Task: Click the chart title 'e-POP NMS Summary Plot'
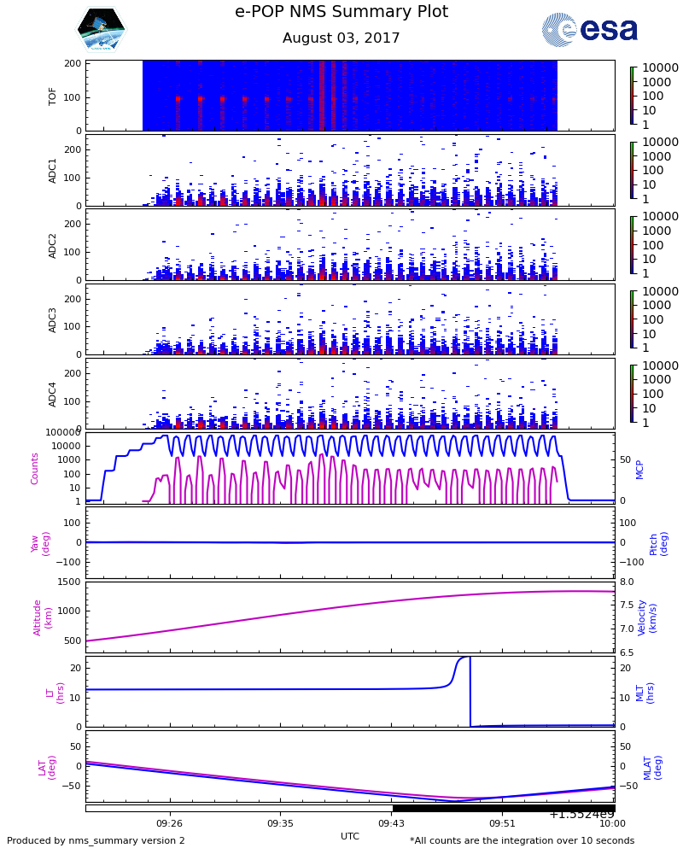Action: click(x=341, y=12)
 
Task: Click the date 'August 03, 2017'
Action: click(x=341, y=38)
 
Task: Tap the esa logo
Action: click(x=590, y=30)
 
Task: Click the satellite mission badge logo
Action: click(x=102, y=30)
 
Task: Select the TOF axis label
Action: click(x=53, y=96)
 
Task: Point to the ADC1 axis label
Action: click(x=53, y=170)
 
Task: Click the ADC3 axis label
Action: click(x=53, y=319)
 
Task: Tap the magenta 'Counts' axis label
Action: click(x=35, y=468)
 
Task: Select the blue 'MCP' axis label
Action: click(x=640, y=468)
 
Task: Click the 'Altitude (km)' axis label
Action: click(x=43, y=617)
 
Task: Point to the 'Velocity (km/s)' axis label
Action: click(x=647, y=617)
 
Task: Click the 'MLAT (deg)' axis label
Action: click(x=653, y=767)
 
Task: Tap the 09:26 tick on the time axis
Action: click(x=169, y=824)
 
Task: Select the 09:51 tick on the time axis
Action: click(x=502, y=824)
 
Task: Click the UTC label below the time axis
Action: click(x=350, y=836)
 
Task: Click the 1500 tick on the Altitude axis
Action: click(x=70, y=582)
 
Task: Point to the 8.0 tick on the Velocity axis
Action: click(x=626, y=582)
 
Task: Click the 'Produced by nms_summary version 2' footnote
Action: click(x=96, y=841)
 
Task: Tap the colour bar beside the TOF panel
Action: click(x=632, y=96)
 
